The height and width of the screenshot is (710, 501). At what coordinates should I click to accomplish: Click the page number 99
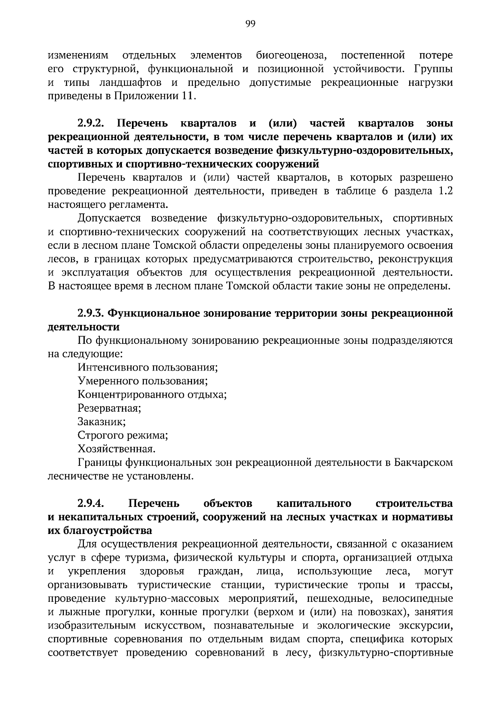(x=250, y=24)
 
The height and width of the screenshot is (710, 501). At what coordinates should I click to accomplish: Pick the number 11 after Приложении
(x=187, y=96)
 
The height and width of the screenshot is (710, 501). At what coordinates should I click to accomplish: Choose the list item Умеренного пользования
(x=143, y=381)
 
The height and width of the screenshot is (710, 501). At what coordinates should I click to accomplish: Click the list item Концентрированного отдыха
(x=152, y=394)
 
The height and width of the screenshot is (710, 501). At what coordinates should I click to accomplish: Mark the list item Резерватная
(x=109, y=408)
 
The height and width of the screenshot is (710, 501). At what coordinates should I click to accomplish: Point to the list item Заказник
(x=101, y=421)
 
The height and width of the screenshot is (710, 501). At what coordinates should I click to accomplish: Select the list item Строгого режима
(x=123, y=435)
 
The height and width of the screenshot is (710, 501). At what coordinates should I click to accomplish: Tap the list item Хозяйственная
(x=116, y=449)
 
